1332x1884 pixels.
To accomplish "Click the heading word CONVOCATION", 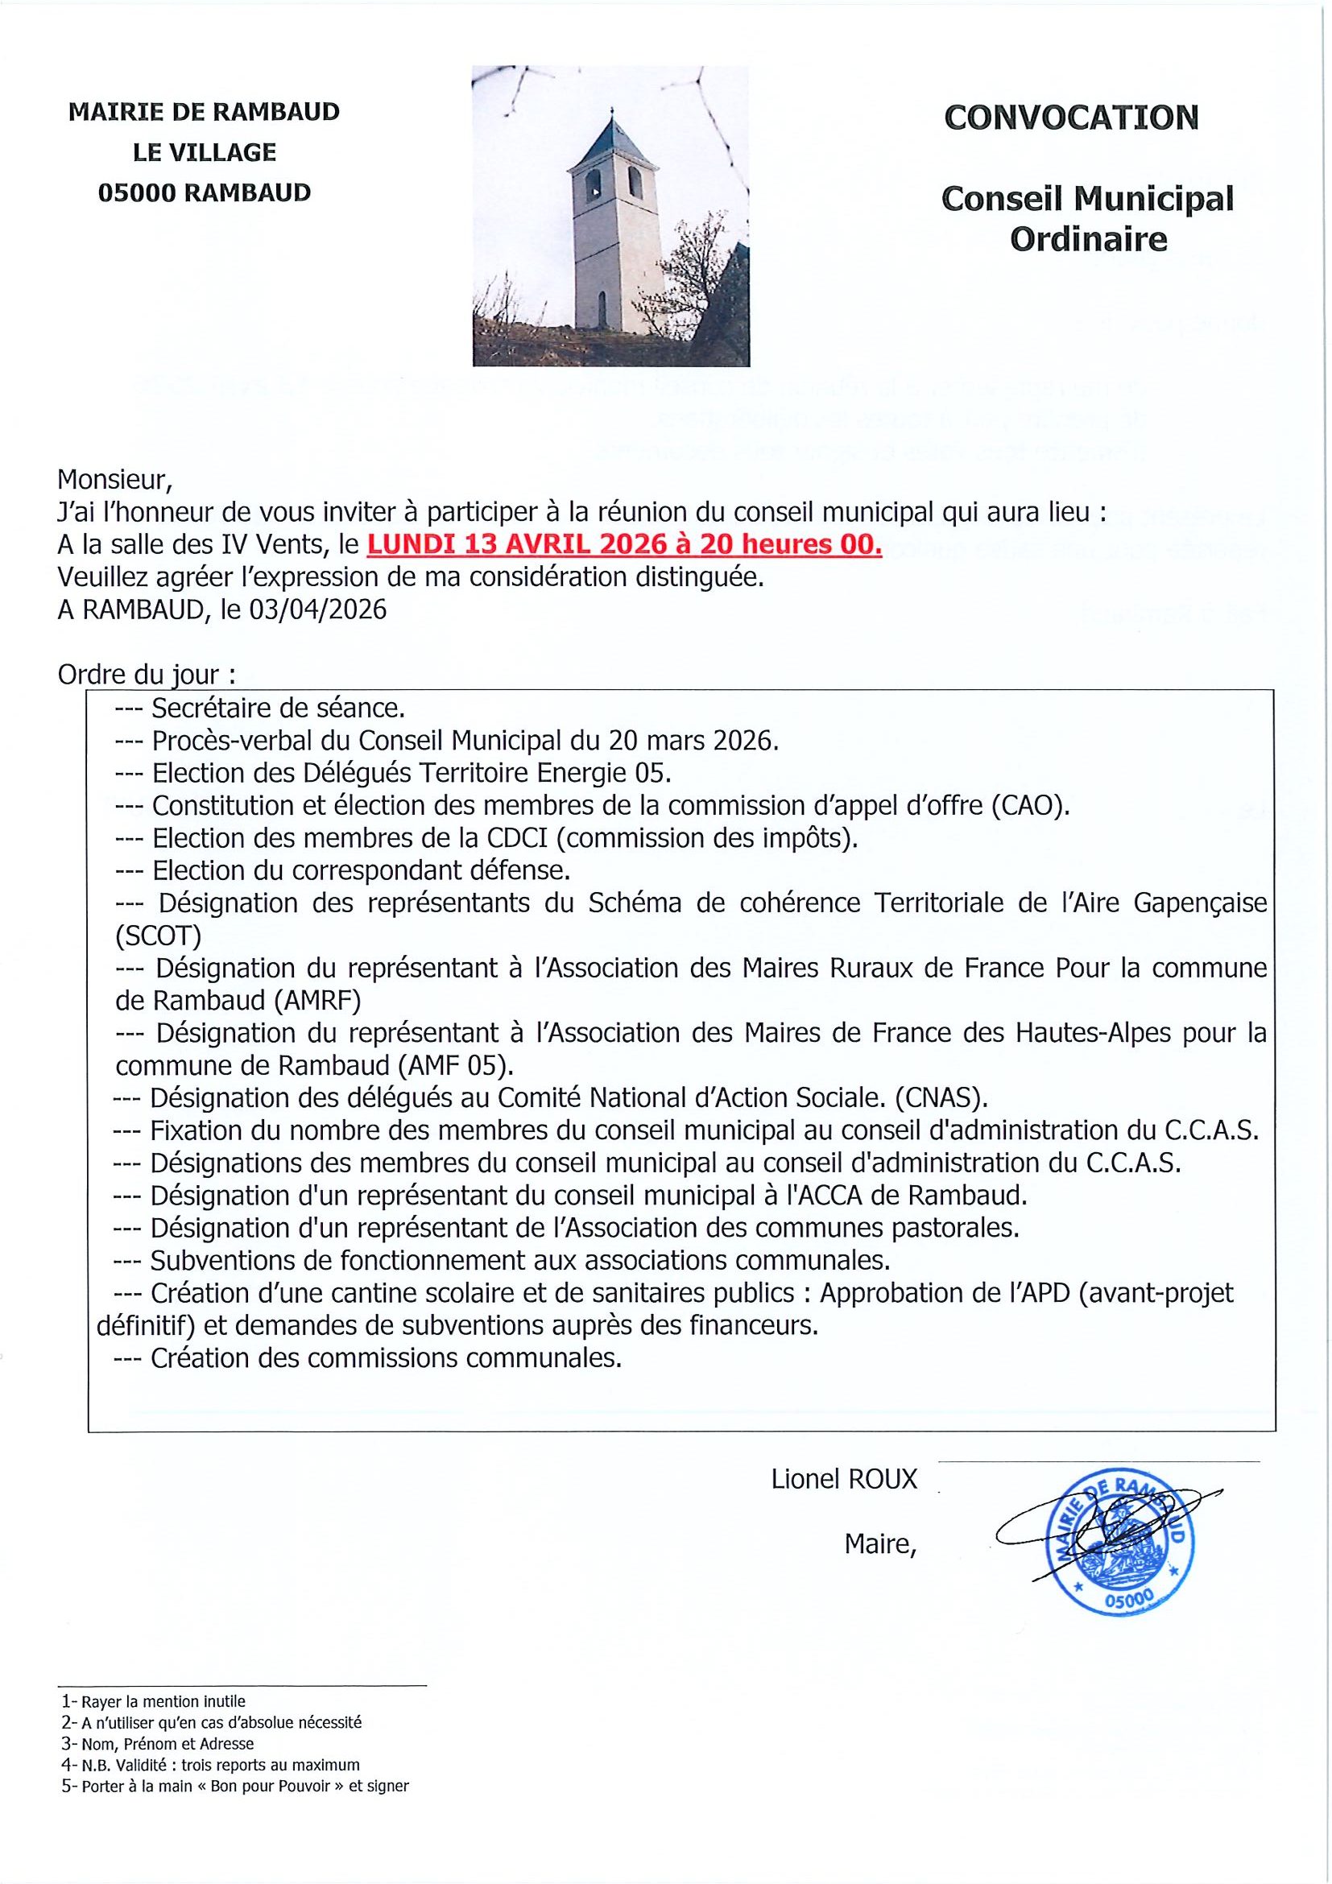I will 1071,118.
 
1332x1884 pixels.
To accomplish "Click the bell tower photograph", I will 610,216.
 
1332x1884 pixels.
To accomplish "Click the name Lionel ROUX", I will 844,1479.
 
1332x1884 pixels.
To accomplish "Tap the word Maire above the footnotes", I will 879,1545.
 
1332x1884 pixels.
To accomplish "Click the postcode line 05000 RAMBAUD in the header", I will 205,193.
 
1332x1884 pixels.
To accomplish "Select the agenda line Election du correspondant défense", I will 360,870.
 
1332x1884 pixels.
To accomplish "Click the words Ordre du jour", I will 147,675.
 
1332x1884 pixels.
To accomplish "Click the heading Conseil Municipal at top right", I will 1086,199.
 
